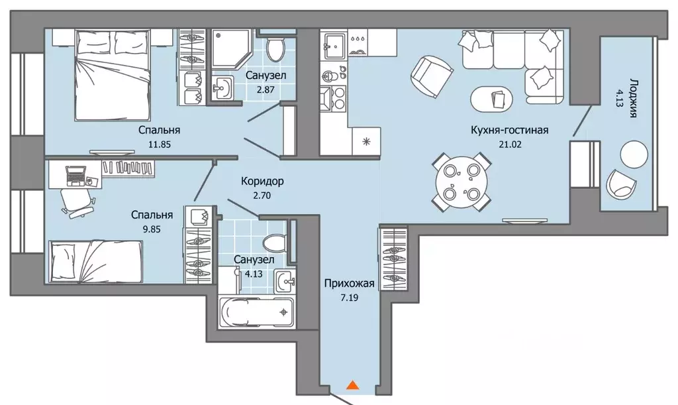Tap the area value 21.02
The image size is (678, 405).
(x=510, y=144)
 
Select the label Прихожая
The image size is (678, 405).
(x=350, y=284)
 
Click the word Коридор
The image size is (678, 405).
(x=262, y=181)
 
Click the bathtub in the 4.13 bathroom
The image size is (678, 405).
(x=256, y=312)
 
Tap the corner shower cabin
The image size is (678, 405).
(x=230, y=48)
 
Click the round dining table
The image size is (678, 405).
(x=461, y=182)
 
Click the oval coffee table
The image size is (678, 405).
(x=492, y=99)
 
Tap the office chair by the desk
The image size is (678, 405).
(x=77, y=203)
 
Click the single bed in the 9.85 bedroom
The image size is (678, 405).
(x=96, y=260)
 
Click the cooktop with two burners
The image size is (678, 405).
(x=332, y=99)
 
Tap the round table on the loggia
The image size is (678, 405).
(x=634, y=154)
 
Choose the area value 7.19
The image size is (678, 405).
(x=350, y=298)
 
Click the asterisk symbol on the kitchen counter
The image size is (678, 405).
(x=366, y=141)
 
